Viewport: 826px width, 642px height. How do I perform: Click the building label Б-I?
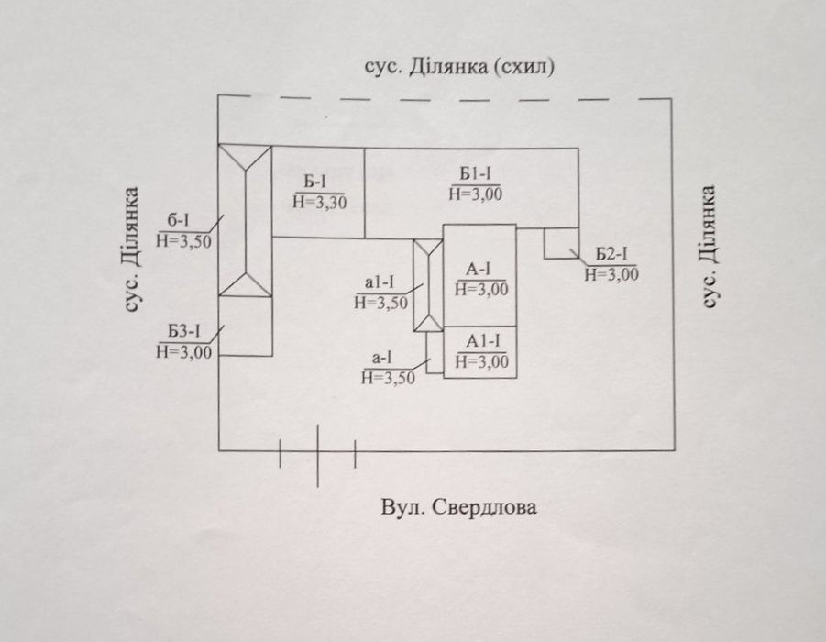click(x=315, y=183)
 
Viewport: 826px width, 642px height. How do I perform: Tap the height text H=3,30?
click(x=320, y=203)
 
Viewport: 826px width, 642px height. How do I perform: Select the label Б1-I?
click(x=475, y=173)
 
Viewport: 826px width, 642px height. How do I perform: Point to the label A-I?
click(x=479, y=270)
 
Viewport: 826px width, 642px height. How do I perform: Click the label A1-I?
click(x=483, y=341)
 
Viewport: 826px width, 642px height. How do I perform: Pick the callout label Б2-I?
click(x=611, y=255)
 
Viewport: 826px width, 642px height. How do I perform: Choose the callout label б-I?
click(x=178, y=221)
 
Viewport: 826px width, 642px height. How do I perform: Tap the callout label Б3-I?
click(x=184, y=332)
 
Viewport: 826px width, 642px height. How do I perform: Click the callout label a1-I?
click(x=380, y=282)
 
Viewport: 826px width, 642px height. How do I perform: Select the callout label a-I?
click(x=382, y=358)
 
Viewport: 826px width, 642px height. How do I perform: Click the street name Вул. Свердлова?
click(x=458, y=507)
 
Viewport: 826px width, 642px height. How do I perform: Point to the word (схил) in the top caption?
click(x=524, y=67)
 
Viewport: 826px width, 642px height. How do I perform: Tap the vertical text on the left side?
click(x=132, y=249)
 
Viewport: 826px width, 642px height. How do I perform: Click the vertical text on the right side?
click(x=709, y=246)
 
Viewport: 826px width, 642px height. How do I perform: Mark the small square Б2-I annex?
click(x=562, y=243)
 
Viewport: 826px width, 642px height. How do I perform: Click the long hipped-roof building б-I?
click(x=245, y=220)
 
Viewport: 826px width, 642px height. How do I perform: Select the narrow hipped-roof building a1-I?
click(x=428, y=285)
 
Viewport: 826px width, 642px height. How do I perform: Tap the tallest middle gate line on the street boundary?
click(x=317, y=456)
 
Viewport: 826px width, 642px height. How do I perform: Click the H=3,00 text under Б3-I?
click(x=184, y=351)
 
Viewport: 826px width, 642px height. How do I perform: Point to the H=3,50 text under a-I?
click(x=388, y=378)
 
